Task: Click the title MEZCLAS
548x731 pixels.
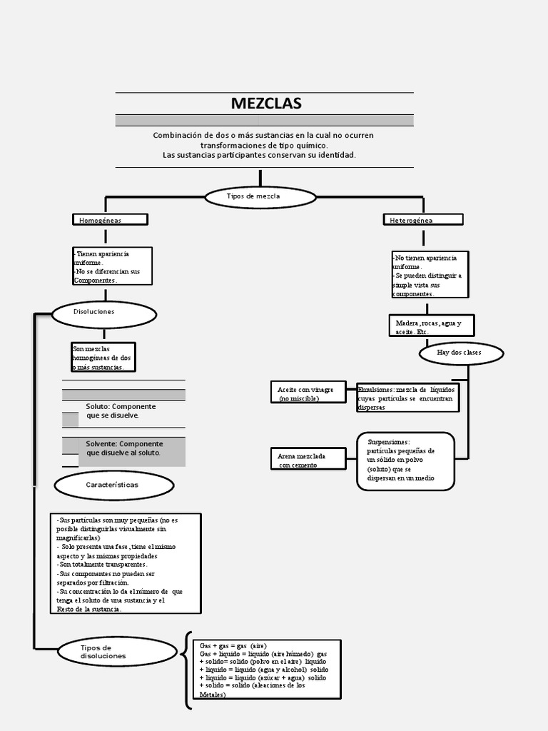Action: [265, 104]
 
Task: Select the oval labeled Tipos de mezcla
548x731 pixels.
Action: [260, 196]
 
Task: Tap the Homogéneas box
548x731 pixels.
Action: [110, 220]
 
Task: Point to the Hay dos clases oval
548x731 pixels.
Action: [460, 353]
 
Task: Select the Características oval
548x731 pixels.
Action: [114, 485]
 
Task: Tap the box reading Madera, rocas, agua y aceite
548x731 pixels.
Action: [430, 327]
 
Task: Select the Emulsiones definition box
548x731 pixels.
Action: [407, 398]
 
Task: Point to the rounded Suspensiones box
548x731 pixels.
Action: [405, 461]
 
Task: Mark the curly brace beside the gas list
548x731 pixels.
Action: [188, 670]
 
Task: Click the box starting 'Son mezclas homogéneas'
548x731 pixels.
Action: [103, 357]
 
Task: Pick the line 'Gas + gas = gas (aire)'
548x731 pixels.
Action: [233, 645]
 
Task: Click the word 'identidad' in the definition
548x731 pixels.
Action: [337, 155]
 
